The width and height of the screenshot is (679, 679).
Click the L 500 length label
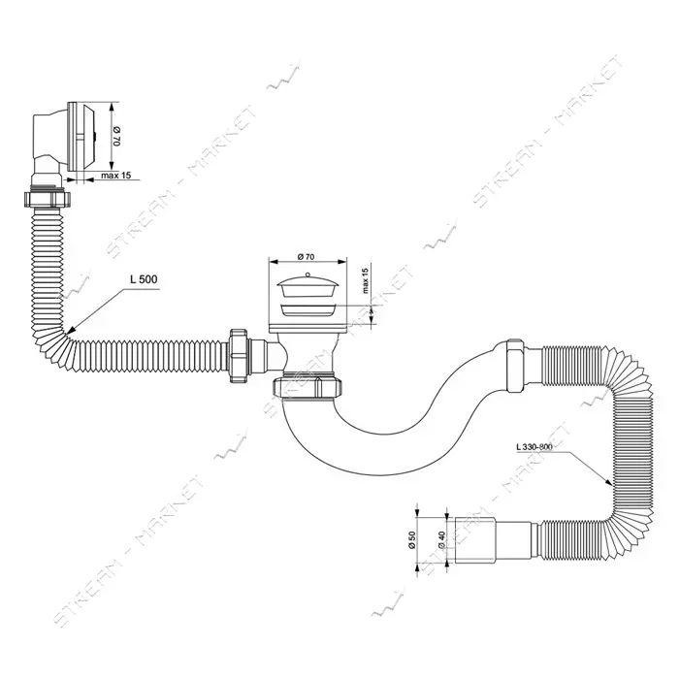[x=145, y=279]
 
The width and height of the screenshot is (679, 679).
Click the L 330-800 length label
[x=533, y=446]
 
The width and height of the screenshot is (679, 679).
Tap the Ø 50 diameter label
[x=412, y=539]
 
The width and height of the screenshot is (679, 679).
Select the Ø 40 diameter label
[x=441, y=541]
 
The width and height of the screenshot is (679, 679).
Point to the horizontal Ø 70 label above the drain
[x=307, y=257]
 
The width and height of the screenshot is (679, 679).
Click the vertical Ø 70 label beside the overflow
[x=117, y=136]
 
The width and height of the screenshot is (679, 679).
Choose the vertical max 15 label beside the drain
[x=365, y=280]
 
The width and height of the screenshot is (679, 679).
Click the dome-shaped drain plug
[x=307, y=286]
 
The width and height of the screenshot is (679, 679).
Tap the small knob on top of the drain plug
[x=307, y=275]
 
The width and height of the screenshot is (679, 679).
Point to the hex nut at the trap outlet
[x=515, y=366]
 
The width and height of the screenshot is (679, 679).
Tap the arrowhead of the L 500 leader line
[x=70, y=332]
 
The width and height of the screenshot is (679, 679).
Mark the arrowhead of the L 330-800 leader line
[x=609, y=483]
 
